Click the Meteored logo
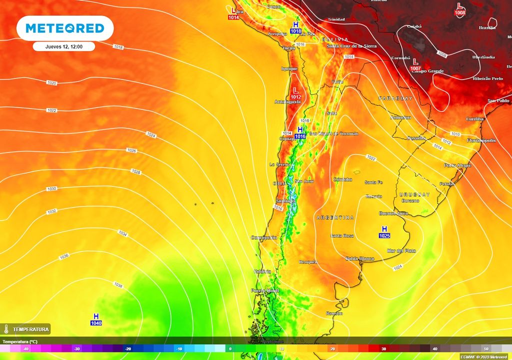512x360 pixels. pos(65,28)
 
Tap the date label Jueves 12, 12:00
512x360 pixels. pos(63,46)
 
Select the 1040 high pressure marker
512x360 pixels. pos(96,320)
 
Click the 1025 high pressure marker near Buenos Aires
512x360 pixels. pos(384,232)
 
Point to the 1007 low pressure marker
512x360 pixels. pos(414,64)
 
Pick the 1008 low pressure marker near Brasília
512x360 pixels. pos(460,9)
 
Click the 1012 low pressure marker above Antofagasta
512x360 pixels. pos(295,93)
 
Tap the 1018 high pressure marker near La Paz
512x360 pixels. pos(295,27)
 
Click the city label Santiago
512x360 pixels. pos(285,201)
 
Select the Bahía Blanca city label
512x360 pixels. pos(359,258)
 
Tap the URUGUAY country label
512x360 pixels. pos(414,194)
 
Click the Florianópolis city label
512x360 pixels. pos(481,140)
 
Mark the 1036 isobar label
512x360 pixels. pos(63,256)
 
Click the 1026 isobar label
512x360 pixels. pos(131,150)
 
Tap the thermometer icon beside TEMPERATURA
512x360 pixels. pos(6,329)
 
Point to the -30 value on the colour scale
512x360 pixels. pos(76,348)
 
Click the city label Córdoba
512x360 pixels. pos(342,179)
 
